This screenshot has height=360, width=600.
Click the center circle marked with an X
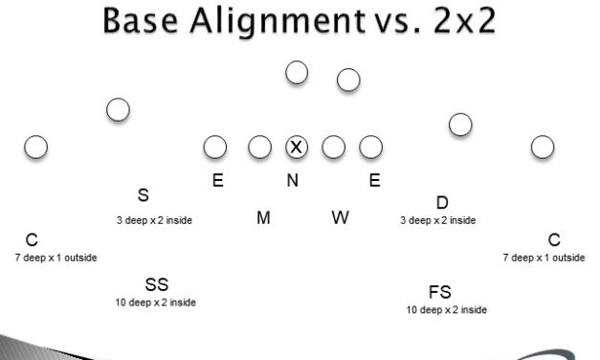click(x=297, y=146)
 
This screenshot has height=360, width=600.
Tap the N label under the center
click(x=292, y=181)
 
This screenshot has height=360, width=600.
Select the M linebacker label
click(x=263, y=218)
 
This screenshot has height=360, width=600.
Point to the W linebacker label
click(x=341, y=218)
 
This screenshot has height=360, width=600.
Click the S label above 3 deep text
click(x=143, y=195)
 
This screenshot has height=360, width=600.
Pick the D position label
click(x=442, y=202)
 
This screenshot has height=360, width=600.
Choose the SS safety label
click(x=157, y=284)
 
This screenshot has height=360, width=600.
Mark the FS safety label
click(x=440, y=292)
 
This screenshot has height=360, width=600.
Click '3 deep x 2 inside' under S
click(x=154, y=220)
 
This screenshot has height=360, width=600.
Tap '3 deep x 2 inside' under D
click(x=438, y=220)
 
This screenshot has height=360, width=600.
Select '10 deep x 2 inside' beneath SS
click(x=156, y=303)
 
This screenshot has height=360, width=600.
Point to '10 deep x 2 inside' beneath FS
click(x=447, y=310)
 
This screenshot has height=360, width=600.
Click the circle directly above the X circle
click(x=297, y=72)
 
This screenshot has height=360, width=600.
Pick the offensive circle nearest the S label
click(x=118, y=110)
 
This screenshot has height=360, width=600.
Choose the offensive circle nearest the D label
click(x=460, y=124)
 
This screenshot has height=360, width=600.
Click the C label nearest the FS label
click(x=553, y=239)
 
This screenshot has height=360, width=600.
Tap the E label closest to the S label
click(x=218, y=179)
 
